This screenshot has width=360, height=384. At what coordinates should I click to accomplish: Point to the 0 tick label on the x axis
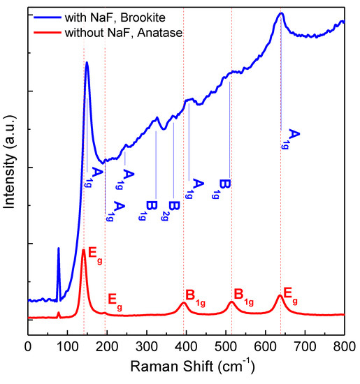click(28, 345)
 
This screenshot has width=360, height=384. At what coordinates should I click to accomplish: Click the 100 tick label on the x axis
click(67, 345)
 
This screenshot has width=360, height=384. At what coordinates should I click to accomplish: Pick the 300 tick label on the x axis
click(146, 345)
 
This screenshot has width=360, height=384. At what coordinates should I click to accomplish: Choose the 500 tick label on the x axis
click(226, 345)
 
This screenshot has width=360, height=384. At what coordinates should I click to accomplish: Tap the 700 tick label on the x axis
click(305, 345)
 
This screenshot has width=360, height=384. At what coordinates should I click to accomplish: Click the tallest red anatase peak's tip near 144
click(84, 249)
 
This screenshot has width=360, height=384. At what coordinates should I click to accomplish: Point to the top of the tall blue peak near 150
click(87, 63)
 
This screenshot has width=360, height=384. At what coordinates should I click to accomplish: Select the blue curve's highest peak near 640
click(281, 13)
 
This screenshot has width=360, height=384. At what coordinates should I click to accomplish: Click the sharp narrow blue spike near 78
click(59, 249)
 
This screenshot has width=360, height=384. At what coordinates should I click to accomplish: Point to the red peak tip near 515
click(231, 302)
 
